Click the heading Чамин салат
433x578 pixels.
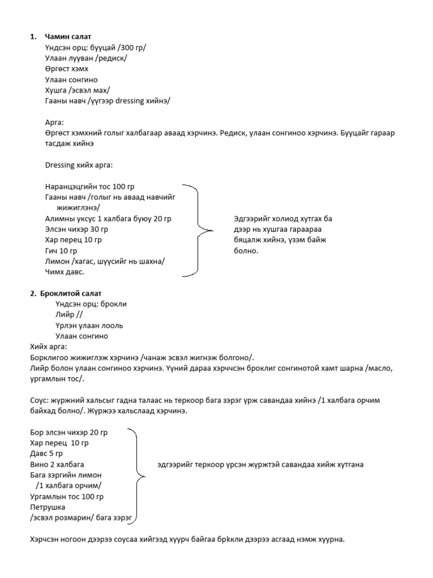pos(68,37)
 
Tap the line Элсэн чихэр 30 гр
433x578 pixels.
pos(76,229)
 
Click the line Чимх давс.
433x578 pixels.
pos(64,272)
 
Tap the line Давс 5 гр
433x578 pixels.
pos(46,454)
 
